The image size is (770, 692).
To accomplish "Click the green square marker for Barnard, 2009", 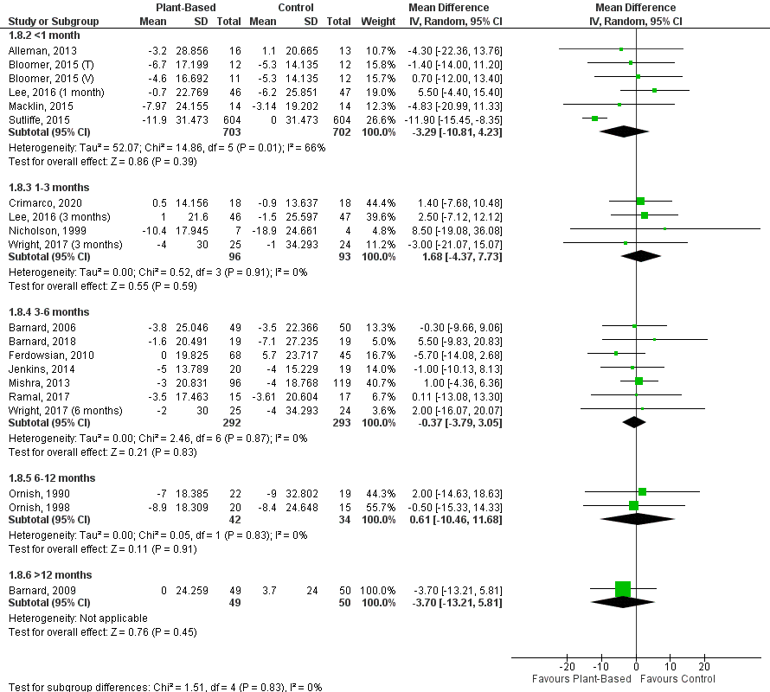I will pyautogui.click(x=623, y=588).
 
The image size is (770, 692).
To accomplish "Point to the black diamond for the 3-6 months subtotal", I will pyautogui.click(x=634, y=422).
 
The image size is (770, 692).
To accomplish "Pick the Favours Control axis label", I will pyautogui.click(x=676, y=678).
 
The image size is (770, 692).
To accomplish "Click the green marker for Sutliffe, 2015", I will pyautogui.click(x=594, y=118).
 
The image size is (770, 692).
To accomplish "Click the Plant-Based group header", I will pyautogui.click(x=180, y=7).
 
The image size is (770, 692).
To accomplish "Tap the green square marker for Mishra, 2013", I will pyautogui.click(x=639, y=381).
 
